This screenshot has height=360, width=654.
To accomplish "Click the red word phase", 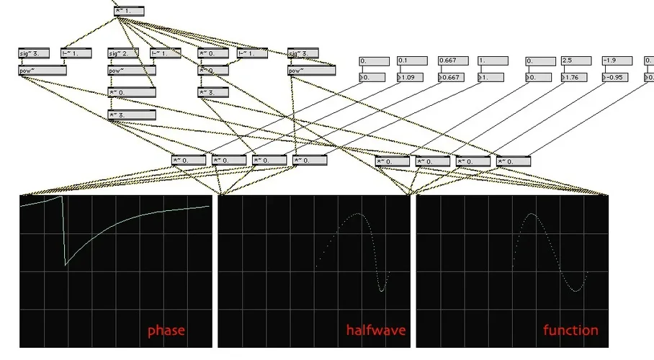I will pyautogui.click(x=166, y=331).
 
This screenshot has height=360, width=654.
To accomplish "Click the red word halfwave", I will pyautogui.click(x=376, y=331).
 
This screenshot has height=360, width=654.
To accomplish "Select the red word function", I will pyautogui.click(x=570, y=331).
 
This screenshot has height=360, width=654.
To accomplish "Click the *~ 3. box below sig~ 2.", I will pyautogui.click(x=131, y=115).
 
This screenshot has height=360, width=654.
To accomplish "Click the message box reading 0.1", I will pyautogui.click(x=413, y=61).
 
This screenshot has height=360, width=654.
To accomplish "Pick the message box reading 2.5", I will pyautogui.click(x=577, y=61).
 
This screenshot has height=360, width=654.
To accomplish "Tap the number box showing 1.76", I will pyautogui.click(x=577, y=77).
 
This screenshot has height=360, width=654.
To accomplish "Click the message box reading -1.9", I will pyautogui.click(x=617, y=61).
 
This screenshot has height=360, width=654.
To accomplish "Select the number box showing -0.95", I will pyautogui.click(x=617, y=77).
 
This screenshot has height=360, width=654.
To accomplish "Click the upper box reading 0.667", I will pyautogui.click(x=453, y=61).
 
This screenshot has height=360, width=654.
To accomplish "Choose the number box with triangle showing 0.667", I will pyautogui.click(x=453, y=77).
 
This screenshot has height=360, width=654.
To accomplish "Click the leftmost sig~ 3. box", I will pyautogui.click(x=33, y=53).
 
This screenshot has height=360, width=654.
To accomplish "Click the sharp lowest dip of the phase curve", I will pyautogui.click(x=66, y=265).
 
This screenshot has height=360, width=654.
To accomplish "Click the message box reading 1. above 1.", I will pyautogui.click(x=493, y=61).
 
